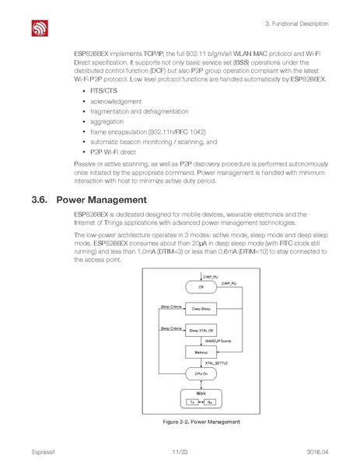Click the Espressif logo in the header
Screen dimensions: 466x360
coord(40,29)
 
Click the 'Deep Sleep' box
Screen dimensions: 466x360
coord(201,309)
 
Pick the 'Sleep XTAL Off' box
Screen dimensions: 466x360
coord(201,331)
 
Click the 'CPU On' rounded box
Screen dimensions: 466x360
coord(201,374)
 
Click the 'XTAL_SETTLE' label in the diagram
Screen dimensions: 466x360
coord(215,363)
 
